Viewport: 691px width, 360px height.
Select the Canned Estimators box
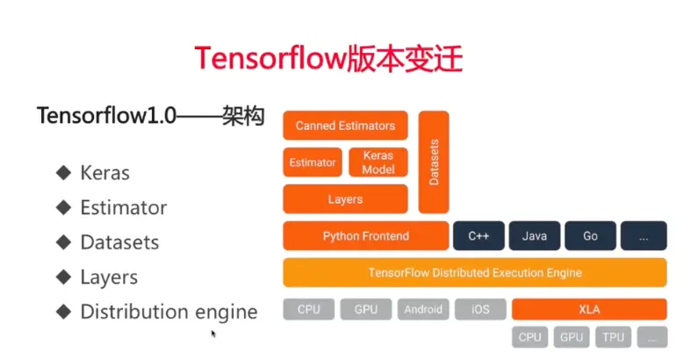[345, 126]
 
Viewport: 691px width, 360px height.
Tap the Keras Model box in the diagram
[378, 162]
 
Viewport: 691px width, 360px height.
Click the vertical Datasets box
[434, 162]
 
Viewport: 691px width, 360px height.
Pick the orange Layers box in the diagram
[345, 199]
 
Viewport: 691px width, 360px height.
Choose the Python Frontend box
[365, 236]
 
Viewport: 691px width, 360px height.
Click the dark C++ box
[478, 236]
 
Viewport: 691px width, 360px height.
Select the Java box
[534, 236]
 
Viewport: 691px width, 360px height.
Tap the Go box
[590, 236]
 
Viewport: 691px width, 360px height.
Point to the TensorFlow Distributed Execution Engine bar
[474, 272]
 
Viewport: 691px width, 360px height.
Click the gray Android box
[424, 309]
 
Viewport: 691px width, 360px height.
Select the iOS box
[480, 309]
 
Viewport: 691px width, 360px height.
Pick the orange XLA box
[589, 309]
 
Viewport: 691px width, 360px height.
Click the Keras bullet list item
[104, 173]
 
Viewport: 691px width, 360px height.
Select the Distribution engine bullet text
[169, 312]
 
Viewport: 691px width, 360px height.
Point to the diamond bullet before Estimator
[62, 207]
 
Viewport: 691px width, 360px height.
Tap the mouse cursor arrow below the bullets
[213, 334]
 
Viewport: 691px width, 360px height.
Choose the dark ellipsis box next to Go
[644, 236]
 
